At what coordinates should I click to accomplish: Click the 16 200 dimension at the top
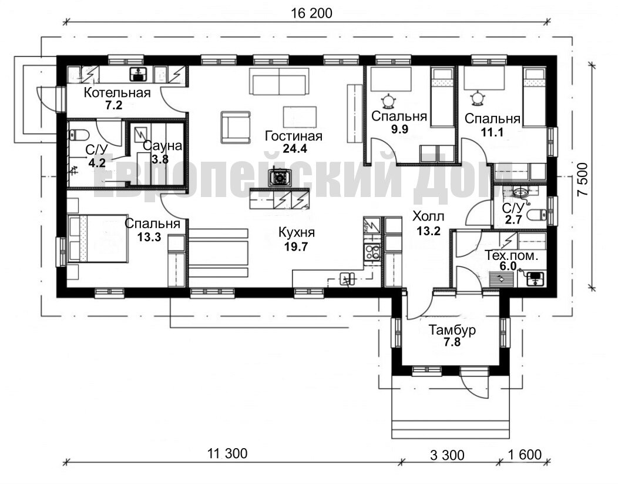pyautogui.click(x=311, y=13)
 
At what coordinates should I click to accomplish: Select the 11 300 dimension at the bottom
pyautogui.click(x=227, y=453)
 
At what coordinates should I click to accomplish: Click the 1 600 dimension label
pyautogui.click(x=525, y=455)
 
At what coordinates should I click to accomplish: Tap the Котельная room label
pyautogui.click(x=117, y=93)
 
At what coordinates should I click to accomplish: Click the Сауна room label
pyautogui.click(x=162, y=146)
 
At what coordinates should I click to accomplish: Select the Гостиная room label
pyautogui.click(x=294, y=136)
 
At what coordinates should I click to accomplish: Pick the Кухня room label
pyautogui.click(x=297, y=232)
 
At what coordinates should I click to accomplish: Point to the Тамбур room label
pyautogui.click(x=452, y=330)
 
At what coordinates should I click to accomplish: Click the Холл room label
pyautogui.click(x=428, y=216)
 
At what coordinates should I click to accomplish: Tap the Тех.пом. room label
pyautogui.click(x=511, y=255)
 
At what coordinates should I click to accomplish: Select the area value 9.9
pyautogui.click(x=399, y=129)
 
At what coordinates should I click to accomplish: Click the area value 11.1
pyautogui.click(x=492, y=132)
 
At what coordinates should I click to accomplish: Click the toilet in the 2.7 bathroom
pyautogui.click(x=536, y=215)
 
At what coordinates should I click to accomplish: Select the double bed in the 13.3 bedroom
pyautogui.click(x=98, y=238)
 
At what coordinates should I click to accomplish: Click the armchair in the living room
pyautogui.click(x=236, y=128)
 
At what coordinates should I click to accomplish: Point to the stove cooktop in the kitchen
pyautogui.click(x=372, y=252)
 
